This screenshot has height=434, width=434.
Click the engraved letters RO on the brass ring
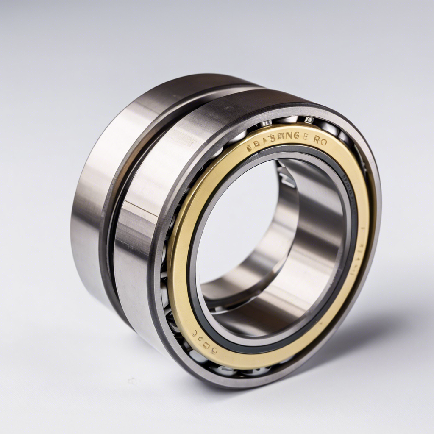(x=320, y=142)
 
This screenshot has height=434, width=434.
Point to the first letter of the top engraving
(x=249, y=148)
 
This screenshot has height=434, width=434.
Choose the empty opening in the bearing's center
(x=237, y=220)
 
